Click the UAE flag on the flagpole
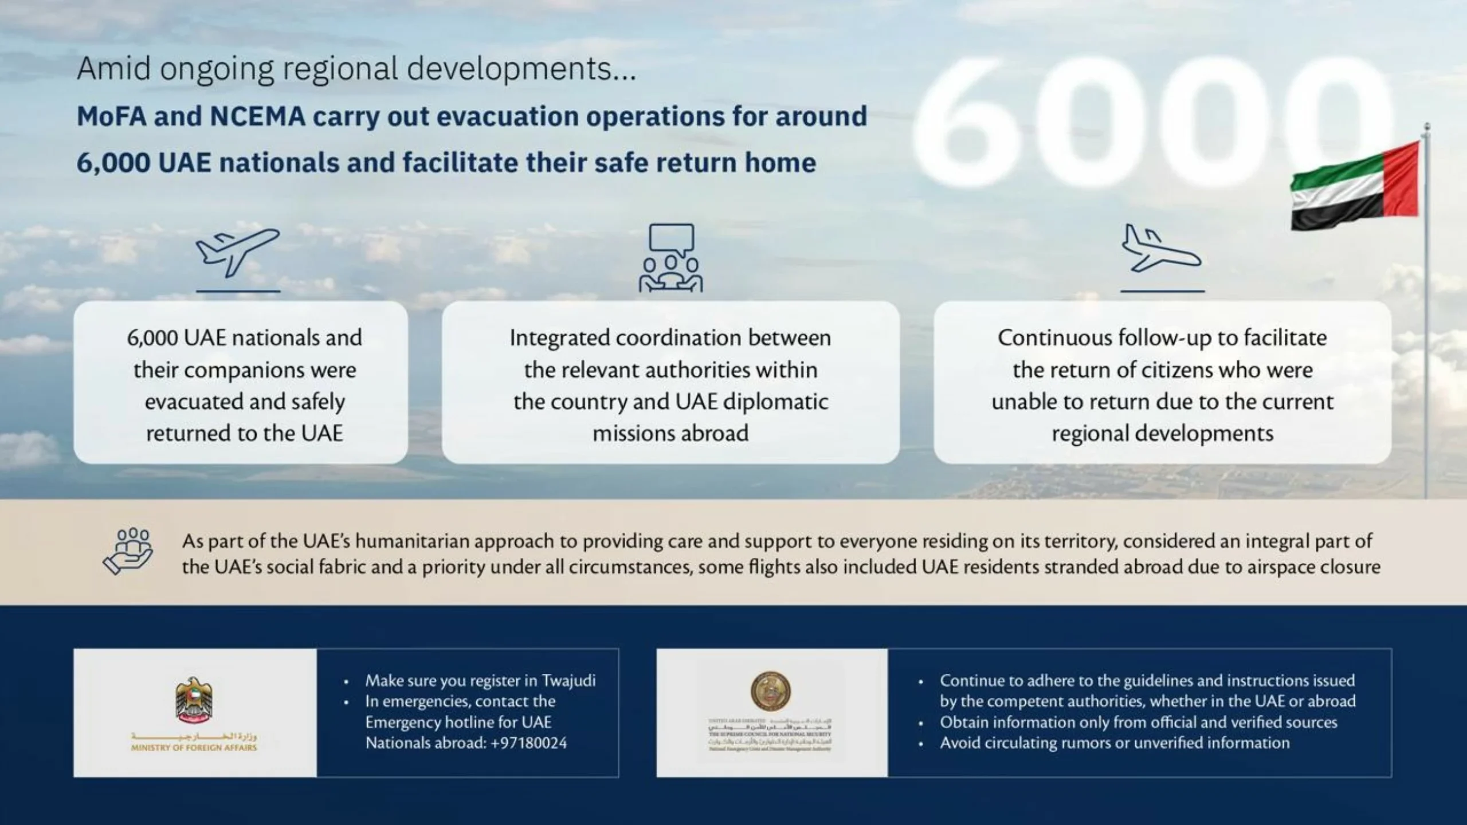point(1355,186)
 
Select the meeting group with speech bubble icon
point(670,258)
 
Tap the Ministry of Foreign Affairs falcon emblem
point(194,700)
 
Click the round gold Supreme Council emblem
point(771,690)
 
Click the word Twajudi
point(568,681)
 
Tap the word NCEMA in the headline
point(257,116)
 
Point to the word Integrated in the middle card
point(559,338)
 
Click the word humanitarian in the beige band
point(415,541)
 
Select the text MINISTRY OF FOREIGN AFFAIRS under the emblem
point(194,748)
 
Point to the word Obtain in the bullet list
point(963,722)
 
